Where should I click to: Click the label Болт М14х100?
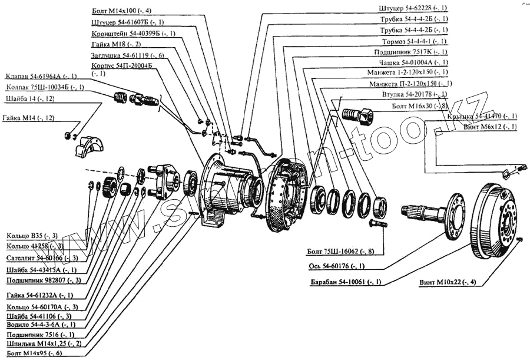122,11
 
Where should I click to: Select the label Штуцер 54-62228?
413,8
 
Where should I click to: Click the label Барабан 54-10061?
345,282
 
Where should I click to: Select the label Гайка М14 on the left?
28,118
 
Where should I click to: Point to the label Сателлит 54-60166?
41,258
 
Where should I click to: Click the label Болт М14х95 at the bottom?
34,353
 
